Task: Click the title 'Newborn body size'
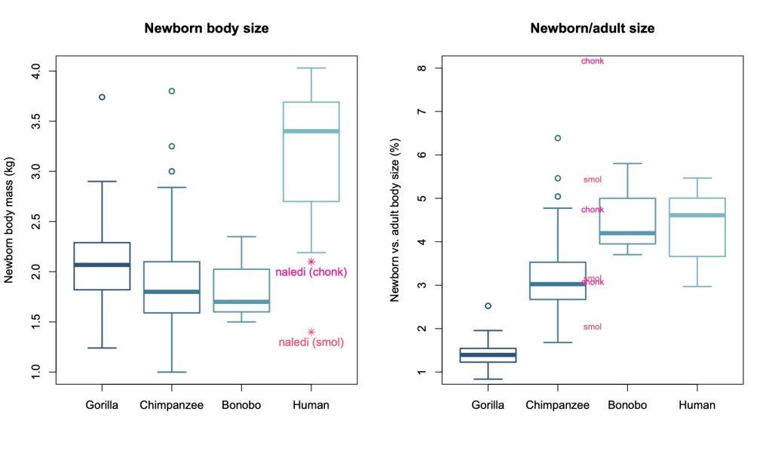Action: pos(207,29)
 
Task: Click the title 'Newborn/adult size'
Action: pos(592,29)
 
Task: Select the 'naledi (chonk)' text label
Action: pos(311,272)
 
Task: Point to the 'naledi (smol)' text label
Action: pos(311,342)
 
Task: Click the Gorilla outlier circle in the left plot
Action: pos(102,97)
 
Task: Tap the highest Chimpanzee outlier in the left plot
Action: pos(172,91)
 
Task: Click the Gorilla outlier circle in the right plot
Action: pos(488,306)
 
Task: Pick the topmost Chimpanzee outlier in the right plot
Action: pos(557,138)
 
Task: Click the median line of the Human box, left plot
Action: pos(311,131)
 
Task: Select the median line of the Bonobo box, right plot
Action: pos(627,233)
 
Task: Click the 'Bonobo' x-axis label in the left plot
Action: pos(241,405)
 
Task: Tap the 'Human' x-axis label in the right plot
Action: pos(697,405)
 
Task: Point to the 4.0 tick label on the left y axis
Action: pos(35,71)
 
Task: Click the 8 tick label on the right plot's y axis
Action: pos(421,68)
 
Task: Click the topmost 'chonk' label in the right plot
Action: pos(593,61)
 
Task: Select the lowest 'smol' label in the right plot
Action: pos(593,327)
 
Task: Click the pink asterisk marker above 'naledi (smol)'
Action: pos(311,332)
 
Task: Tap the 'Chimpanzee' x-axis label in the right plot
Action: pos(557,405)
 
